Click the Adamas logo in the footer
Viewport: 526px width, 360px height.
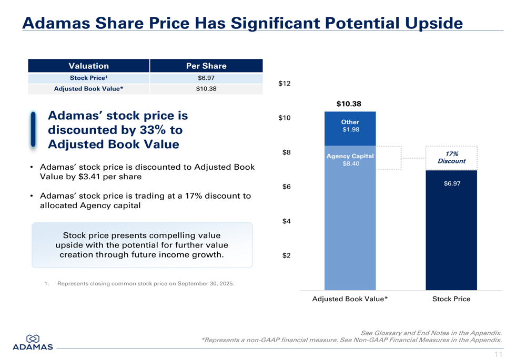point(33,342)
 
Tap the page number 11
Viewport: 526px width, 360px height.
point(498,355)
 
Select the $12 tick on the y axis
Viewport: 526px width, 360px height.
point(284,84)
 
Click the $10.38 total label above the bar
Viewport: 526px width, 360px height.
point(349,104)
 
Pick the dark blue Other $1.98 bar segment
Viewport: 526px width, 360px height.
point(350,128)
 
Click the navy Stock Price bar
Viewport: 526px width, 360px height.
point(451,231)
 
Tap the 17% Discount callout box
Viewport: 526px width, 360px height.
point(451,158)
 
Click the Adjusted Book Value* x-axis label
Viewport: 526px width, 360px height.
point(350,299)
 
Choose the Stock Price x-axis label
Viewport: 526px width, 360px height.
point(451,299)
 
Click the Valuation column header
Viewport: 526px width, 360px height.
point(88,66)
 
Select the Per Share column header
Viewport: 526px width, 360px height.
point(206,66)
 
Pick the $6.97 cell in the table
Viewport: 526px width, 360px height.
point(206,78)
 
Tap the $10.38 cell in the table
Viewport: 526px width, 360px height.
point(206,89)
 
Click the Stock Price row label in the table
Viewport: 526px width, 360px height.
point(88,78)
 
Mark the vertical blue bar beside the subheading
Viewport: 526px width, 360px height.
point(33,129)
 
